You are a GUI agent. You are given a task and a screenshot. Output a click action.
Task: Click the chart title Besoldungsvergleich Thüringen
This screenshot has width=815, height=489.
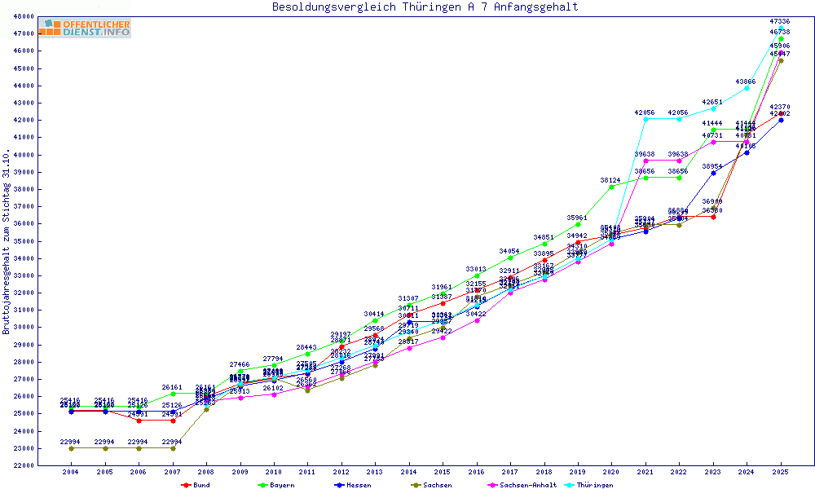coord(425,7)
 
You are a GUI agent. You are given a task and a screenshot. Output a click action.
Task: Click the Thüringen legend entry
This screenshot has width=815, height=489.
coord(593,485)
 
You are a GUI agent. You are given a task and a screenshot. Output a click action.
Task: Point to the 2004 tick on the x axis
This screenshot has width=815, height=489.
coord(71,472)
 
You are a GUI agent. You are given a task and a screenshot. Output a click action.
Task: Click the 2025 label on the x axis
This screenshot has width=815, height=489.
coord(781,472)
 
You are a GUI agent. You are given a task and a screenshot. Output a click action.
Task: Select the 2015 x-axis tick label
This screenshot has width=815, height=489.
coord(443,472)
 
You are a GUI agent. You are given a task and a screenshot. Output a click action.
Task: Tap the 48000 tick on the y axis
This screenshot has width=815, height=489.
coord(46,16)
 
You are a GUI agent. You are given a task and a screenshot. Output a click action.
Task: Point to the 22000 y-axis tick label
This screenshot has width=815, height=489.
coord(46,465)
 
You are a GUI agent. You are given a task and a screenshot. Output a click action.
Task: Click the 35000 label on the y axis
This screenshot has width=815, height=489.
coord(46,241)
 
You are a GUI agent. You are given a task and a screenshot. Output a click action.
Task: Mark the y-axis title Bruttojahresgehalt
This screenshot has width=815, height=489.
coord(7,242)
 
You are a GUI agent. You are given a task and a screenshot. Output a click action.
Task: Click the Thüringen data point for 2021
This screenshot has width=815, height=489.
coord(645,119)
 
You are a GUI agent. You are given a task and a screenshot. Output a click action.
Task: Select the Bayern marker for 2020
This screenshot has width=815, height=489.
coord(612,187)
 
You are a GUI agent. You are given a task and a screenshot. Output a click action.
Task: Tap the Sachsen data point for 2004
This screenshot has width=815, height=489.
coord(71,448)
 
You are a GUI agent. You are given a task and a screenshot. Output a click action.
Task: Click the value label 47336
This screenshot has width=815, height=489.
coord(780,21)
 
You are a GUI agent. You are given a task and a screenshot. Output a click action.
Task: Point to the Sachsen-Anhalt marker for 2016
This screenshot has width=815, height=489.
coord(477,320)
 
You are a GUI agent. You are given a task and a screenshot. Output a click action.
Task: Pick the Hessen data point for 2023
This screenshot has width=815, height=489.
coord(713,173)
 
